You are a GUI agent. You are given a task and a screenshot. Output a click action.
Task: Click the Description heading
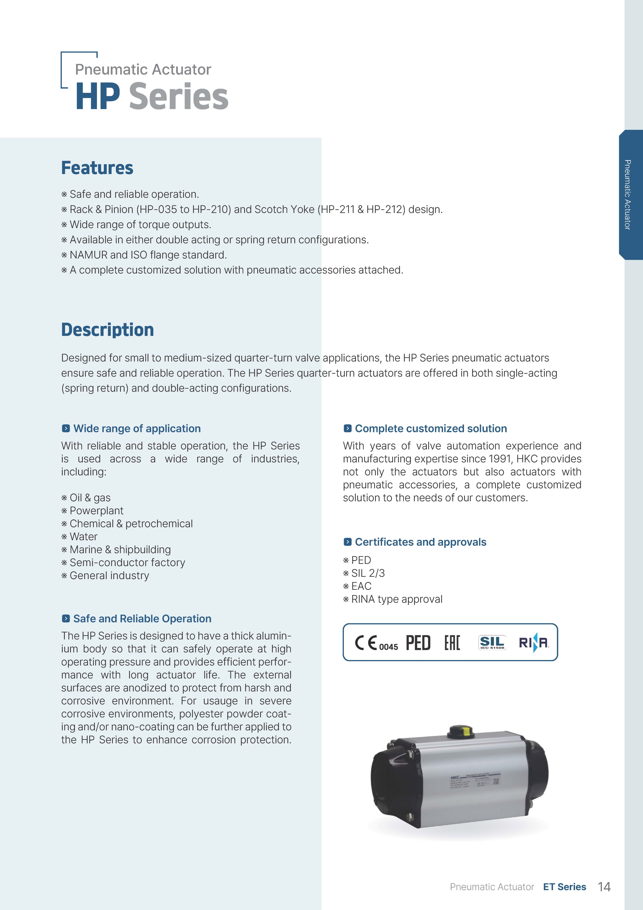[107, 330]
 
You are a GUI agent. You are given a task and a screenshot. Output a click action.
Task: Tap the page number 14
[604, 887]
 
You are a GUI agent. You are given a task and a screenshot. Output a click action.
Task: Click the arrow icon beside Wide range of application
[66, 428]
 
